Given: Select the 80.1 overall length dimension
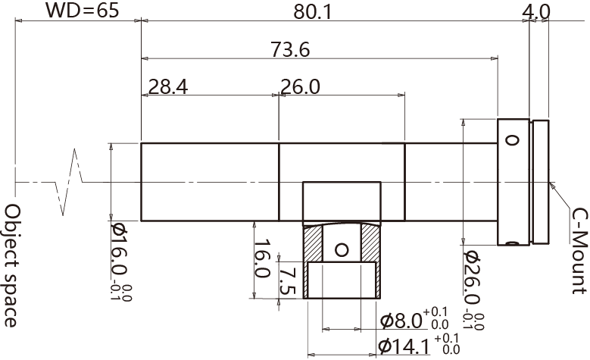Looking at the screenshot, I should pyautogui.click(x=311, y=11).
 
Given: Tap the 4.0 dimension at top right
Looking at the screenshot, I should pyautogui.click(x=536, y=11).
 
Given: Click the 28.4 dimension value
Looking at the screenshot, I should pyautogui.click(x=168, y=86).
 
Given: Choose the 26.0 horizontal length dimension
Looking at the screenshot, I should pyautogui.click(x=300, y=86).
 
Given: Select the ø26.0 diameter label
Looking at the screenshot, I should pyautogui.click(x=471, y=281).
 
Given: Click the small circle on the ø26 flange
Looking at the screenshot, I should pyautogui.click(x=512, y=140).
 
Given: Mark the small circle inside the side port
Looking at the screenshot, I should pyautogui.click(x=342, y=249).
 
